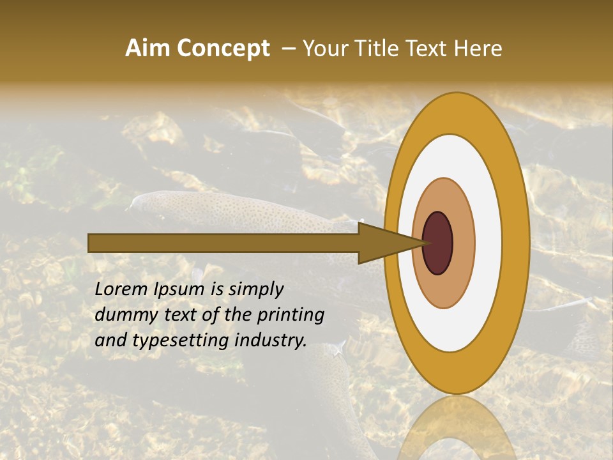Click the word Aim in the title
point(148,49)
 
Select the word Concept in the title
point(222,49)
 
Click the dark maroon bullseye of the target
point(438,243)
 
